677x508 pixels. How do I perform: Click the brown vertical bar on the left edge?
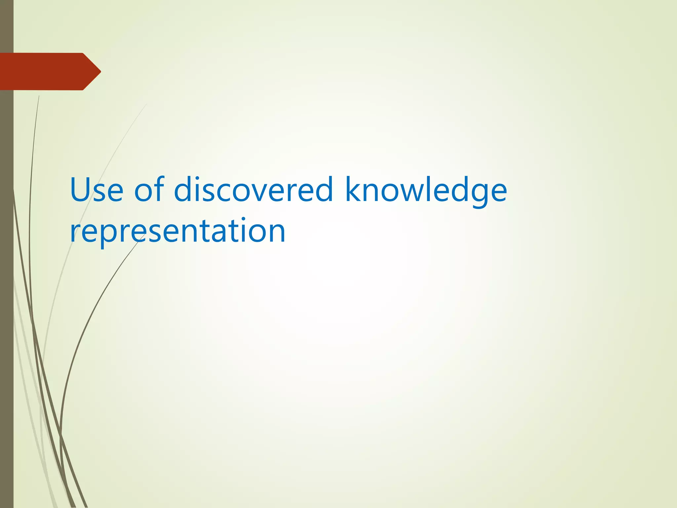(7, 298)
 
